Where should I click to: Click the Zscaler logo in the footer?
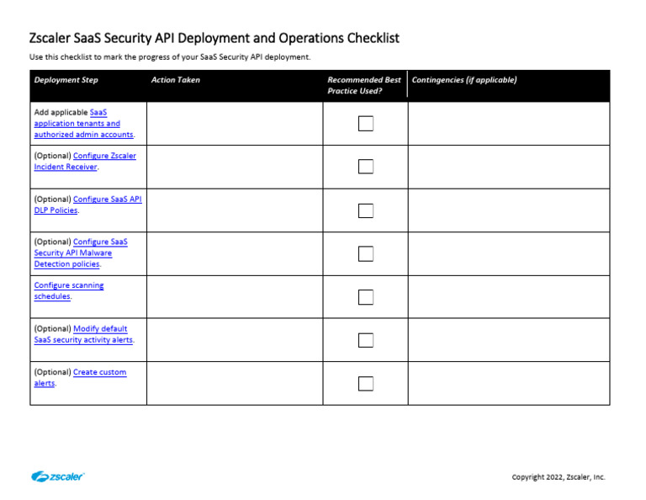click(58, 476)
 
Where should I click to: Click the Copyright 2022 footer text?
click(558, 477)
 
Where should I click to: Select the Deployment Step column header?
click(66, 80)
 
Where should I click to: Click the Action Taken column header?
click(176, 80)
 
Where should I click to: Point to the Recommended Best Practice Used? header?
click(364, 85)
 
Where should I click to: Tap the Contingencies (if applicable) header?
click(464, 80)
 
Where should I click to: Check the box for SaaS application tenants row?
click(366, 124)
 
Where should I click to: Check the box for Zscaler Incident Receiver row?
click(366, 167)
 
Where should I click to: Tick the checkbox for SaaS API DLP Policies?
click(366, 210)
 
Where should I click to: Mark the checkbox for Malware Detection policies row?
click(366, 253)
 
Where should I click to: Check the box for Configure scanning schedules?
click(366, 297)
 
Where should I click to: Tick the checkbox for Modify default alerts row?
click(366, 340)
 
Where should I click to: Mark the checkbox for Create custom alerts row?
click(366, 384)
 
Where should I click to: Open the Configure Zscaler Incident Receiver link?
click(104, 156)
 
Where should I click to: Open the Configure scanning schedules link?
click(69, 285)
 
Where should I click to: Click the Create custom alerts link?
click(99, 372)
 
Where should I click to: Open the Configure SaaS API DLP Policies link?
click(107, 199)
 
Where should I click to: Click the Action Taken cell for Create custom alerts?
click(235, 384)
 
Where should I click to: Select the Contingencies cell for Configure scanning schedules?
click(508, 297)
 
